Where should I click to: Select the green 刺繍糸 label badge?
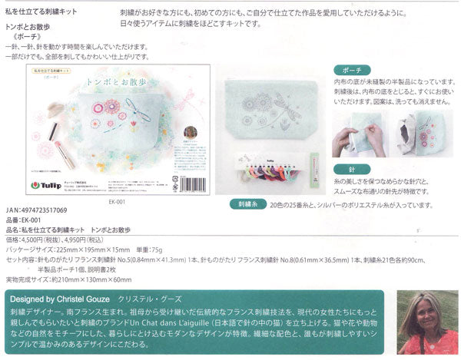click(x=247, y=206)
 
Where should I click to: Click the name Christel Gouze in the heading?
click(x=74, y=298)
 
